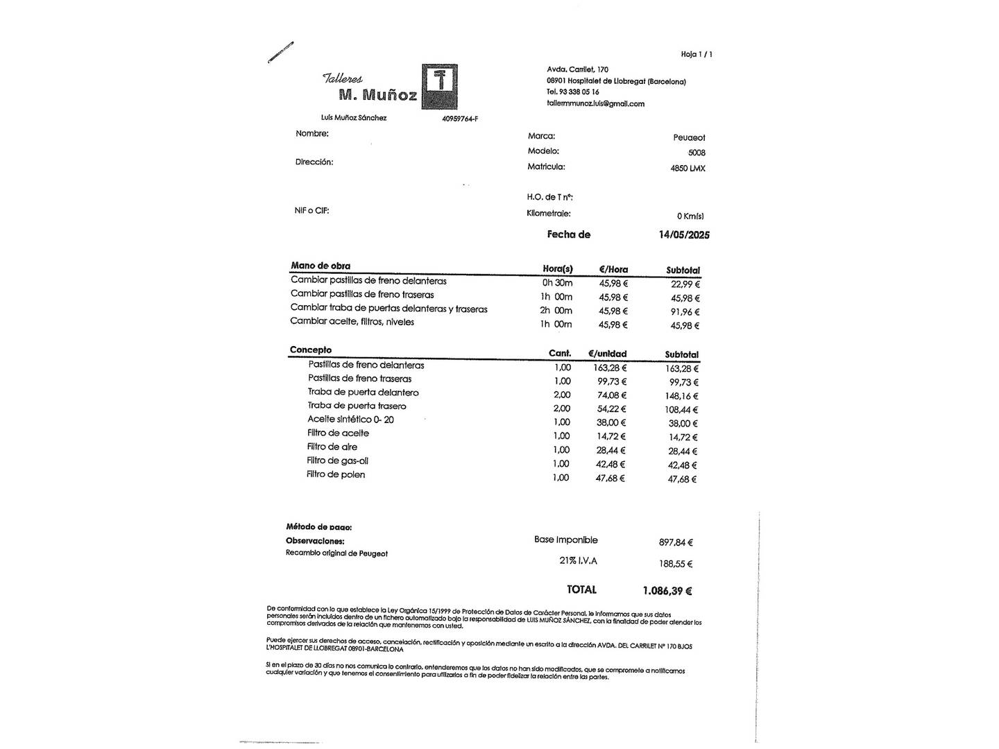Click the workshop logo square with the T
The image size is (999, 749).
[440, 87]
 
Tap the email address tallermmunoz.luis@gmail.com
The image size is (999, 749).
[596, 104]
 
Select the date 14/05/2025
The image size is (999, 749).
[684, 235]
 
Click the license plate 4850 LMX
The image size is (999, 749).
[688, 169]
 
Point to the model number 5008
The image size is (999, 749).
[697, 153]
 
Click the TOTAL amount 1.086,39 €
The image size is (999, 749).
[667, 591]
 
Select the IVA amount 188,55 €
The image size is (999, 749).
[676, 565]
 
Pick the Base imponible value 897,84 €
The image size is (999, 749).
[676, 543]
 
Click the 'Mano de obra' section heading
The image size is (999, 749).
[321, 266]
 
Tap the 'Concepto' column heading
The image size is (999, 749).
[311, 350]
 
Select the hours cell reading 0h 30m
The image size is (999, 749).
[557, 283]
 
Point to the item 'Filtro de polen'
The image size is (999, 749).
[336, 475]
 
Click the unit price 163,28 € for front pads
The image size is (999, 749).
[610, 368]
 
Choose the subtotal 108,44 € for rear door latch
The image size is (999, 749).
[681, 410]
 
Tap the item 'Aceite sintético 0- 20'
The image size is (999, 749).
[350, 420]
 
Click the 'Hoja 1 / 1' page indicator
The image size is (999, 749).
[697, 54]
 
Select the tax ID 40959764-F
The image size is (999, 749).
[460, 119]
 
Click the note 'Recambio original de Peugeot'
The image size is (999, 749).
[336, 553]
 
